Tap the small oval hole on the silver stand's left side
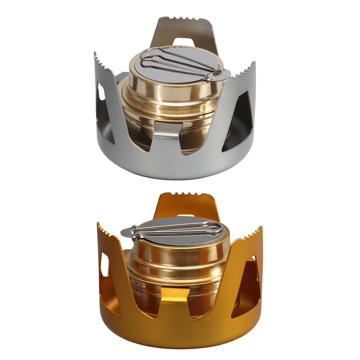pos(101,92)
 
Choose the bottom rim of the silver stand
pos(173,170)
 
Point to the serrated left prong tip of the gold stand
pos(104,229)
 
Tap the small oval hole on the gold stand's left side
pos(104,265)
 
